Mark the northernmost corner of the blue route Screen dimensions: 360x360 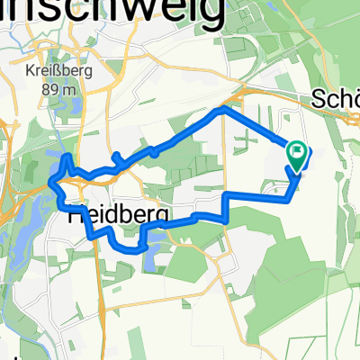click(x=222, y=110)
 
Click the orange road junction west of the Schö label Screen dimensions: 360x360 click(x=247, y=93)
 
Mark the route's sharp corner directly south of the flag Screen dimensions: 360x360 click(x=288, y=197)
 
